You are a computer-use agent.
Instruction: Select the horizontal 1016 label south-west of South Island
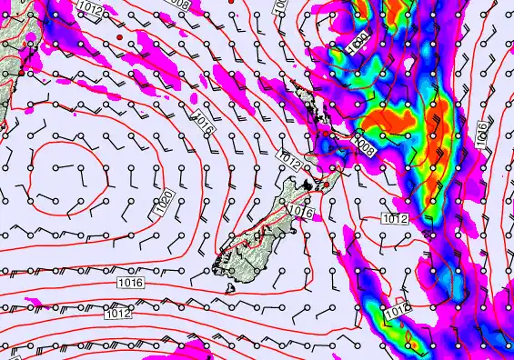click(x=130, y=285)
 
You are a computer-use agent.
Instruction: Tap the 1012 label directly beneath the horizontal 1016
click(x=116, y=314)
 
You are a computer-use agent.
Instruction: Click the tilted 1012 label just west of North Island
click(x=289, y=162)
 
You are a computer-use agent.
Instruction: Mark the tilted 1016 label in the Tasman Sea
click(x=204, y=123)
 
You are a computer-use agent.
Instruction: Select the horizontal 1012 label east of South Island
click(x=393, y=219)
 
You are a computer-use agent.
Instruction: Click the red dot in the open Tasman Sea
click(x=119, y=35)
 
